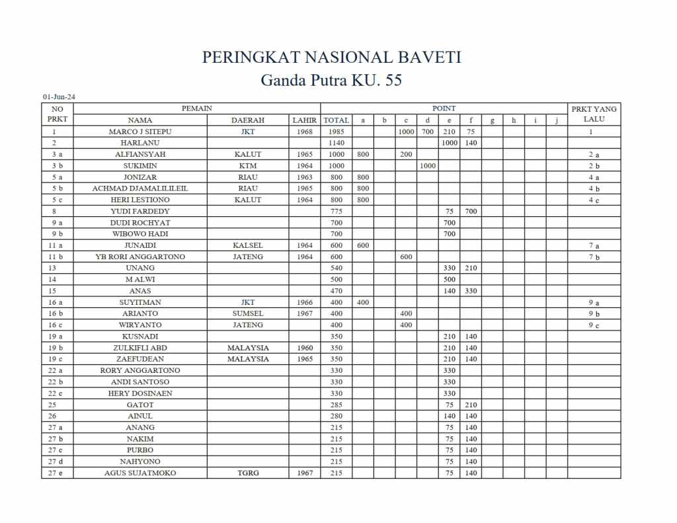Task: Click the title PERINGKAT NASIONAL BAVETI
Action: click(x=331, y=58)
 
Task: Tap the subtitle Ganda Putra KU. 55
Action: click(x=331, y=81)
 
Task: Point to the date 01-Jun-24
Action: click(x=59, y=97)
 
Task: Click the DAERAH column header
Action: click(x=248, y=120)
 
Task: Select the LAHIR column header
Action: click(x=305, y=120)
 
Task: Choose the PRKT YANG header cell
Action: click(x=594, y=109)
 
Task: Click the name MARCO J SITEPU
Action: click(x=140, y=132)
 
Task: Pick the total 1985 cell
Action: click(x=337, y=132)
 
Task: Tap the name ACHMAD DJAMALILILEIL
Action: click(x=140, y=188)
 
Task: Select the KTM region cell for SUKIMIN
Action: click(x=248, y=166)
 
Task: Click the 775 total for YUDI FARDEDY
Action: click(x=337, y=211)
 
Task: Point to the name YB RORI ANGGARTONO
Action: click(x=140, y=257)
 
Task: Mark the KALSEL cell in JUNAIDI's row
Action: click(x=248, y=245)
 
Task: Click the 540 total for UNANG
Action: click(x=337, y=268)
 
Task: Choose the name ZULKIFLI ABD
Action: click(x=140, y=348)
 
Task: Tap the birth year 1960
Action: click(x=305, y=348)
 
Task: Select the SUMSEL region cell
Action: click(x=248, y=313)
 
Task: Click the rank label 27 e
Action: click(x=57, y=473)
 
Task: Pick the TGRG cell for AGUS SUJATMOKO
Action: click(x=248, y=473)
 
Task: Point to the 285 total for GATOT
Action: click(x=337, y=405)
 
